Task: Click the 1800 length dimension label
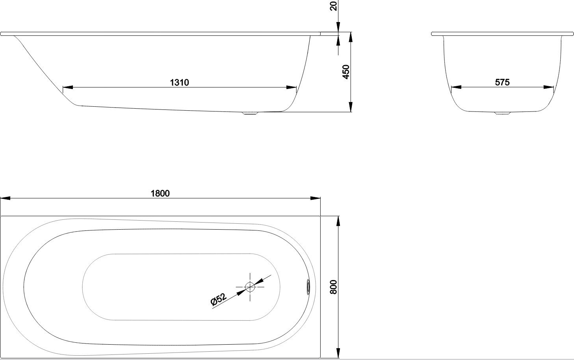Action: coord(160,193)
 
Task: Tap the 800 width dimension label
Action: coord(333,287)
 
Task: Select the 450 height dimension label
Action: coord(346,72)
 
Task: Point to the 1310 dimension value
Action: coord(179,82)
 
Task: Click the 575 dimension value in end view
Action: coord(502,82)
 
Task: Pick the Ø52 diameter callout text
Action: coord(219,299)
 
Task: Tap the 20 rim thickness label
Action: coord(333,6)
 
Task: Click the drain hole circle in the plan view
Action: coord(250,287)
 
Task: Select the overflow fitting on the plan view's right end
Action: coord(308,287)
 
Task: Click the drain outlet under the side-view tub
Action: coord(250,113)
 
